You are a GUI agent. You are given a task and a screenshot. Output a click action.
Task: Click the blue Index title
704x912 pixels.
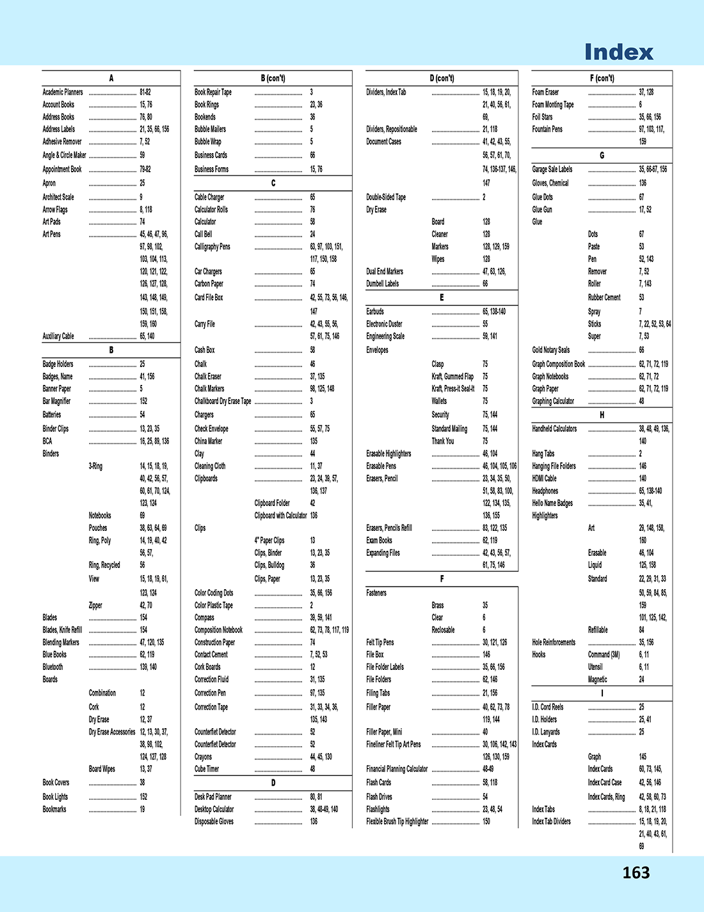click(x=619, y=52)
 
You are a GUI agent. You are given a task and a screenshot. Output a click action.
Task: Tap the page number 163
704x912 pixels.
click(x=636, y=872)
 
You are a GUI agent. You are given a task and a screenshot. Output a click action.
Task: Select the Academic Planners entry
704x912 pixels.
click(x=63, y=92)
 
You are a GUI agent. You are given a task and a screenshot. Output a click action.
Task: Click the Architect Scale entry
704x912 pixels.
click(x=58, y=197)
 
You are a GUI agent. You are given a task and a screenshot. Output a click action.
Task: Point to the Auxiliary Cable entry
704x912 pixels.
click(x=58, y=336)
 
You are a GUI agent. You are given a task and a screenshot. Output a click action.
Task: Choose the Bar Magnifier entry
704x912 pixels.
click(x=57, y=402)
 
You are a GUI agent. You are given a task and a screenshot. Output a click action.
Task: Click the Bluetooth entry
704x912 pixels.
click(x=53, y=667)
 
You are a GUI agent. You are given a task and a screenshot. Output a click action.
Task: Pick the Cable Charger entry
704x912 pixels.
click(x=209, y=197)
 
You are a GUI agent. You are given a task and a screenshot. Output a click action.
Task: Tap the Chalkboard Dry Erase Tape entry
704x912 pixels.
click(x=223, y=402)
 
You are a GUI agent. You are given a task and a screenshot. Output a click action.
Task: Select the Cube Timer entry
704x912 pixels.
click(x=207, y=769)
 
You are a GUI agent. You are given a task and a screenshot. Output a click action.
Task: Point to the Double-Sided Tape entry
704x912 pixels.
click(x=386, y=197)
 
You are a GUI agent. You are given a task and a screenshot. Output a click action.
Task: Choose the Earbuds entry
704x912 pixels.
click(x=375, y=312)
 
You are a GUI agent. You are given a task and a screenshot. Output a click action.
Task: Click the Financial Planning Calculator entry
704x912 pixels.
click(x=397, y=769)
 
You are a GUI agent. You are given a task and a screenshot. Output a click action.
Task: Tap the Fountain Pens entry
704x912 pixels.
click(x=547, y=129)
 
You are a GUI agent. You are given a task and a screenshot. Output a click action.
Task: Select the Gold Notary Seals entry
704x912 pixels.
click(x=551, y=350)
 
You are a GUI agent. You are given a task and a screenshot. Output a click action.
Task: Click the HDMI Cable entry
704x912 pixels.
click(x=545, y=478)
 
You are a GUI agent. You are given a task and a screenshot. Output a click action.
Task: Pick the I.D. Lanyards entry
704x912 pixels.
click(x=546, y=732)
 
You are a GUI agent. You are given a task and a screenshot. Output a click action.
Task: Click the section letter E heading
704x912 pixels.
click(x=442, y=298)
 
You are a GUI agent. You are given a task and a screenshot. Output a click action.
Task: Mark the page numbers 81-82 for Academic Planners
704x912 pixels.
click(x=145, y=92)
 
